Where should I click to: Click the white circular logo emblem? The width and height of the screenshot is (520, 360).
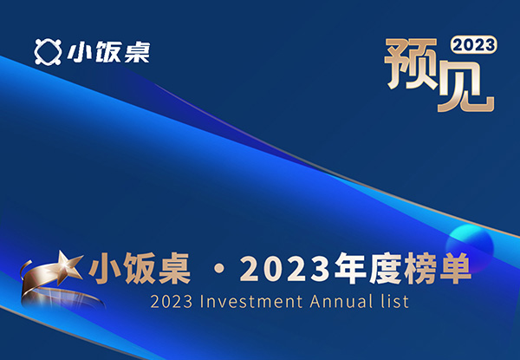pos(48,52)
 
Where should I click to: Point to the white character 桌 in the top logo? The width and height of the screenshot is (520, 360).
pos(137,52)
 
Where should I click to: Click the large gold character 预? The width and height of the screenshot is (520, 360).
pos(411,64)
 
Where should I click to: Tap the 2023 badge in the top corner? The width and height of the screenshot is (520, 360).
pos(473,45)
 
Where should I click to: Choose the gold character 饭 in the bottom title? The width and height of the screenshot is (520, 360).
pos(139,268)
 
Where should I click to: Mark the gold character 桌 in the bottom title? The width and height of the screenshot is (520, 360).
pos(174,268)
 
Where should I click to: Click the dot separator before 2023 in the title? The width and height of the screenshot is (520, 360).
pos(219,269)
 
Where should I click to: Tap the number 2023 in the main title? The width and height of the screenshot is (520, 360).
pos(285,269)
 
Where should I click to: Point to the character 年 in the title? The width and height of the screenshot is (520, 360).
pos(350,268)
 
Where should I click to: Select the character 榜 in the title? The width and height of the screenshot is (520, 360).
pos(419,268)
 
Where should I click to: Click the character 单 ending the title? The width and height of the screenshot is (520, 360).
pos(455,268)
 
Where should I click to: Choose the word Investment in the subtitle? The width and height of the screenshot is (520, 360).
pos(251,302)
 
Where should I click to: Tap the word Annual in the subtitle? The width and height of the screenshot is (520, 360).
pos(341,302)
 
